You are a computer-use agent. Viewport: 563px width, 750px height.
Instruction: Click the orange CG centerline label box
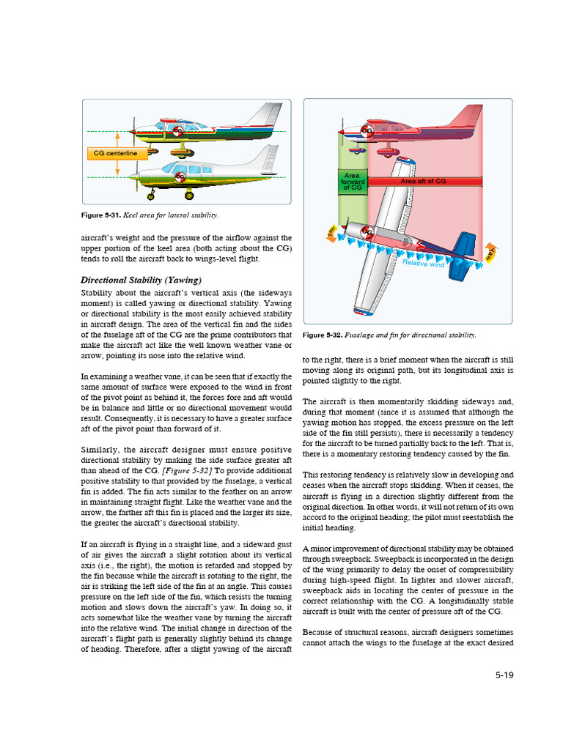pos(116,154)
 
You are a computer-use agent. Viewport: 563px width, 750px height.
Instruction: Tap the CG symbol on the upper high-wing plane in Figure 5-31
pos(177,130)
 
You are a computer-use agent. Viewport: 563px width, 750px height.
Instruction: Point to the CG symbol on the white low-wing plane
pos(180,177)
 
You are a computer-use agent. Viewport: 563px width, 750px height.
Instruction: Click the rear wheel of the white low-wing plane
pos(189,196)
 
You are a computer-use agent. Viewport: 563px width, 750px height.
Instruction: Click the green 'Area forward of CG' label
pos(353,182)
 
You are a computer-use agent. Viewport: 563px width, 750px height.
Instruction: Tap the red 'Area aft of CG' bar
pos(424,181)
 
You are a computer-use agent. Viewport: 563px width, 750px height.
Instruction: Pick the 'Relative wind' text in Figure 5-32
pos(423,262)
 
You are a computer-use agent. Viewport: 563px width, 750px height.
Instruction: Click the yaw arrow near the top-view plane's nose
pos(331,232)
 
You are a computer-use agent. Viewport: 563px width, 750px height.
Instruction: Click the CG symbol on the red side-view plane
pos(366,131)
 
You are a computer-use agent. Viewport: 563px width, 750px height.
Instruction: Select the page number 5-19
pos(504,675)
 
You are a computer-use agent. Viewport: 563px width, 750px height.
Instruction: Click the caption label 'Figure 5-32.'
pos(321,335)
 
